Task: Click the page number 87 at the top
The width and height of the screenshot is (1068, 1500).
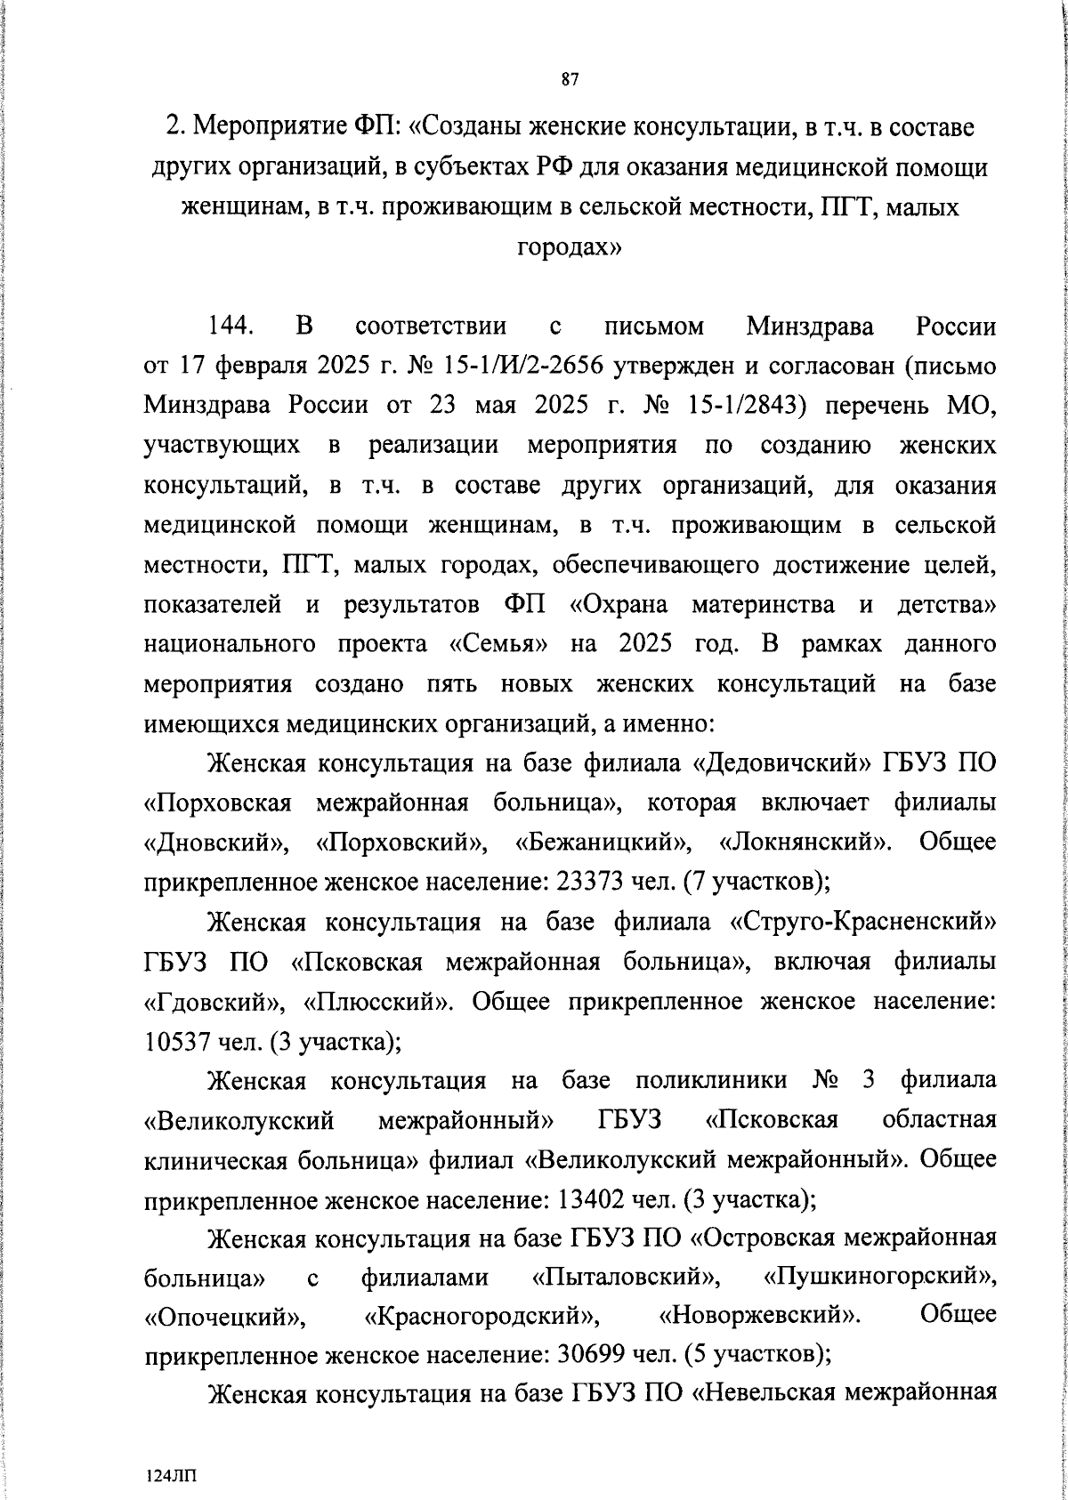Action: click(570, 80)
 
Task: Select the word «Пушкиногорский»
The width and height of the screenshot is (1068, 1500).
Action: click(879, 1278)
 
